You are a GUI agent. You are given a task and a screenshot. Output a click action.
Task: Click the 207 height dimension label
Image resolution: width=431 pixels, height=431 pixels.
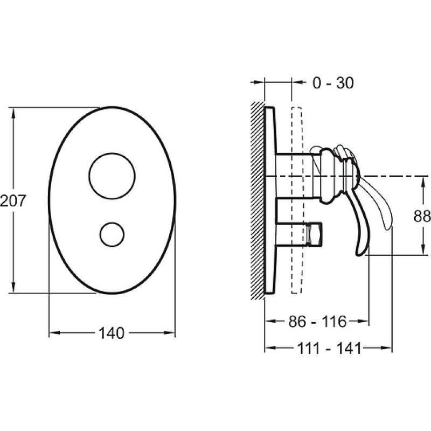(x=13, y=200)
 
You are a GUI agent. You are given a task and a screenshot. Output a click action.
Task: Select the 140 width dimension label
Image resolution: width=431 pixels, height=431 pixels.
(x=112, y=333)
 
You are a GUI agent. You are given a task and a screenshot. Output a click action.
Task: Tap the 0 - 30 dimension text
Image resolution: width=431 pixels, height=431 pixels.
(x=333, y=83)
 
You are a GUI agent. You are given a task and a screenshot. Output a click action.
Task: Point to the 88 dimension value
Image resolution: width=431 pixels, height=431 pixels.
(x=422, y=216)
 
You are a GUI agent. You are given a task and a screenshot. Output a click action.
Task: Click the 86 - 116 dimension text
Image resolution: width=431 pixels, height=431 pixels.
(x=317, y=321)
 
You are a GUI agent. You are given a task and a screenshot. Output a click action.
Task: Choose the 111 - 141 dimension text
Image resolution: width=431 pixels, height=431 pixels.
(x=329, y=349)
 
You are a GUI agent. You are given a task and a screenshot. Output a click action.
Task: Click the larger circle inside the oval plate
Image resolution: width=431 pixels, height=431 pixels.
(x=112, y=154)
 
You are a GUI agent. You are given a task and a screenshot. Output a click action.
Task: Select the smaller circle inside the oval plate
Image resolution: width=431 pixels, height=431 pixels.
(x=112, y=223)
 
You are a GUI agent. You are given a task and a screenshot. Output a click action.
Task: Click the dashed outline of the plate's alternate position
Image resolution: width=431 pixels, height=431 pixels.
(x=291, y=200)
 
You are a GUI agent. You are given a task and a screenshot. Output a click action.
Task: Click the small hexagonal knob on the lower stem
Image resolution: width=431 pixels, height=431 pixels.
(x=315, y=234)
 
